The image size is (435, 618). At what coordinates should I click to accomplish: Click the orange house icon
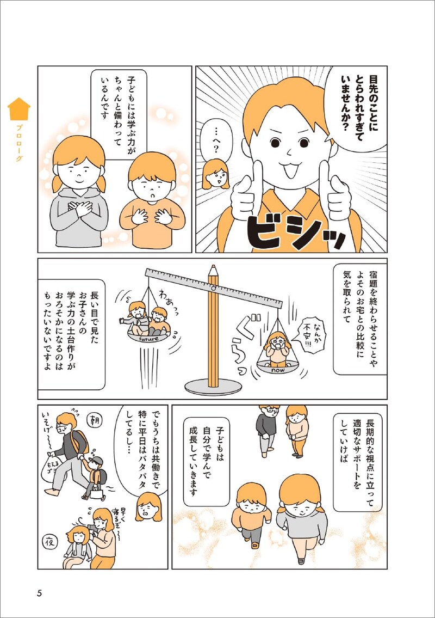click(19, 109)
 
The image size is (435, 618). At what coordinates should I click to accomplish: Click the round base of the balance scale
click(213, 387)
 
